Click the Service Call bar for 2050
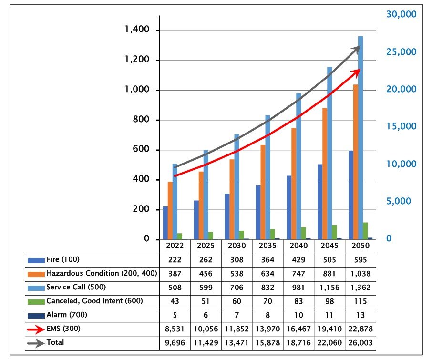[360, 138]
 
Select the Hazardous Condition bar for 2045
[325, 174]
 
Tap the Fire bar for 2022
[165, 223]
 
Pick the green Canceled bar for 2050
[365, 231]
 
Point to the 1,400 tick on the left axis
[137, 30]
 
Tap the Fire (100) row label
[63, 260]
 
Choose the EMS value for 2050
[360, 329]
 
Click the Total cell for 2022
[175, 343]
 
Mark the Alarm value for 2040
[298, 315]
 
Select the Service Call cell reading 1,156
[329, 288]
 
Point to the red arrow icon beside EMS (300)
[36, 329]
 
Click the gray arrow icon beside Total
[36, 343]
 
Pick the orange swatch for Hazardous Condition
[36, 274]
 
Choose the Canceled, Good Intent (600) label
[94, 301]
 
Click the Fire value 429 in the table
[298, 260]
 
